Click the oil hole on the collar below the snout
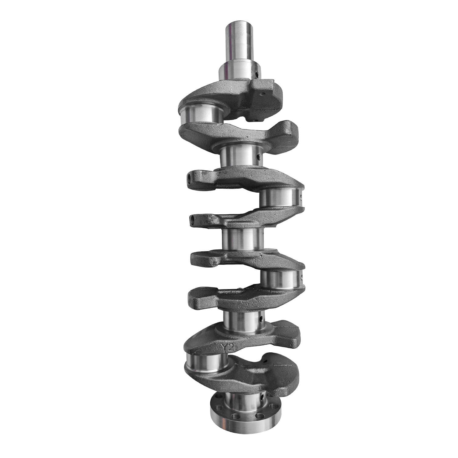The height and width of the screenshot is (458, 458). pyautogui.click(x=257, y=74)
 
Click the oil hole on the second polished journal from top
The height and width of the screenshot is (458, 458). pyautogui.click(x=258, y=158)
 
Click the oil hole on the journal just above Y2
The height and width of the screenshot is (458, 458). pyautogui.click(x=261, y=319)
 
